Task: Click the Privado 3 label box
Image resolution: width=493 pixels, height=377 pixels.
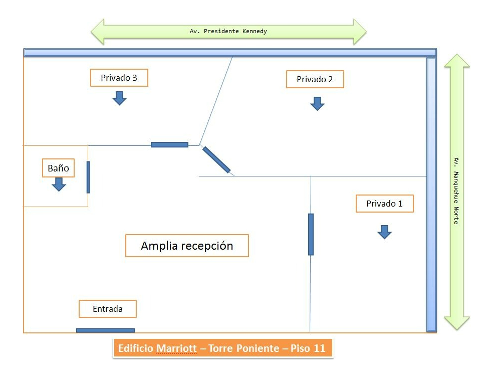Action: pos(119,78)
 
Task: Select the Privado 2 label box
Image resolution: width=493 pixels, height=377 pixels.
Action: pos(315,79)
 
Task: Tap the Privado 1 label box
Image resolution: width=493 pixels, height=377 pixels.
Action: pos(384,204)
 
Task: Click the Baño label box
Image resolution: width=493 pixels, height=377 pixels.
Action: pos(58,168)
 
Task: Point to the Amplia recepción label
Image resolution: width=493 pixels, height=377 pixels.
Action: pos(187,246)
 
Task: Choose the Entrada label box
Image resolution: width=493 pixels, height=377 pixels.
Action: pos(107,309)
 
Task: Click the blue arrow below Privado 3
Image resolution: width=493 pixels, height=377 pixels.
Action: pos(119,98)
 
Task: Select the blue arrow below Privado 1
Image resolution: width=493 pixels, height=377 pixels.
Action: pos(384,232)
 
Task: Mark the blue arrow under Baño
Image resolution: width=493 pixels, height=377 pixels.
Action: pos(59,184)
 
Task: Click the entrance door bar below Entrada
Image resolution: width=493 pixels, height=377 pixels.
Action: pos(105,330)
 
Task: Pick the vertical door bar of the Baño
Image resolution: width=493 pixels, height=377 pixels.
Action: pos(88,177)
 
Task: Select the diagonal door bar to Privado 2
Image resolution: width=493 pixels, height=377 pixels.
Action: pos(216,160)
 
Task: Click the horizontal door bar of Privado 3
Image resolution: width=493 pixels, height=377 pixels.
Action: pos(169,145)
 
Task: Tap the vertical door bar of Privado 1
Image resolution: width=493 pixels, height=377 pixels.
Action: pos(311,234)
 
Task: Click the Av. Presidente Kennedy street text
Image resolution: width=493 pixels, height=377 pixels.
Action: pos(228,31)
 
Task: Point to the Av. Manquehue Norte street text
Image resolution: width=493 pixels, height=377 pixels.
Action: pos(456,191)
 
